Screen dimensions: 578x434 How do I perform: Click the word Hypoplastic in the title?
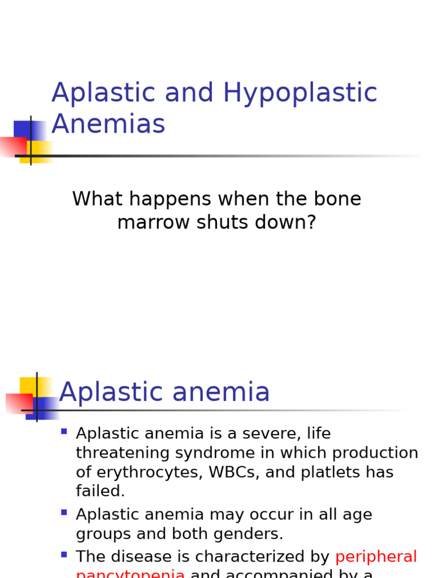[x=300, y=94]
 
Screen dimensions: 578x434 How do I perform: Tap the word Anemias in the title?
[x=108, y=125]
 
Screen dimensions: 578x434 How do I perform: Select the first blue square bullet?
[x=64, y=432]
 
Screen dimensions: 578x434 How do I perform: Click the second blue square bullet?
[x=64, y=513]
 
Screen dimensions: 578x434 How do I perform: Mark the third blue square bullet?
[x=64, y=555]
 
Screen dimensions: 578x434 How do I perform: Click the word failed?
[x=100, y=492]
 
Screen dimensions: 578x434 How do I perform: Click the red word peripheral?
[x=376, y=557]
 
